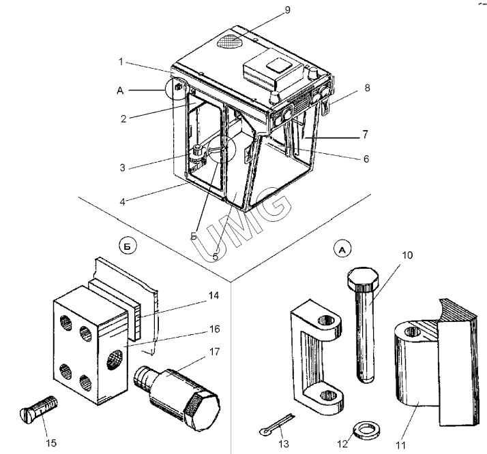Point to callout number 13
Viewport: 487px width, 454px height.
[x=284, y=444]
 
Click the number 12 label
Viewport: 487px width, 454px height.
[x=342, y=444]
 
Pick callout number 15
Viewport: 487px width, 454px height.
[x=50, y=443]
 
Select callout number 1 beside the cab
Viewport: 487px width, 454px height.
[x=120, y=61]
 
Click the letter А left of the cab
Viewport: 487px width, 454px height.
[x=120, y=89]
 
